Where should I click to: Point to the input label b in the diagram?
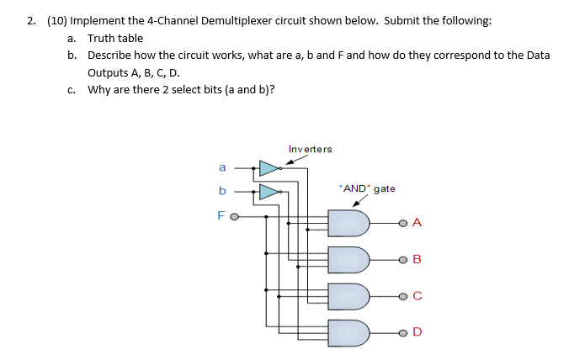point(221,191)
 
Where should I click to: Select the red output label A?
point(417,223)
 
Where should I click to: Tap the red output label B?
point(417,259)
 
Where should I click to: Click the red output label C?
point(417,296)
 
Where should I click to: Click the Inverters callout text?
point(310,150)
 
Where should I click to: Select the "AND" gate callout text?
point(366,188)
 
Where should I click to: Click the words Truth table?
point(115,38)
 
